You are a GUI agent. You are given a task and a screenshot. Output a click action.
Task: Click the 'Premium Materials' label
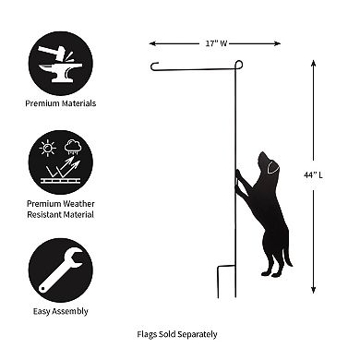click(61, 104)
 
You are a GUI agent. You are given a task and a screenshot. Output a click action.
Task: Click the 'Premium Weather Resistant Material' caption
click(61, 209)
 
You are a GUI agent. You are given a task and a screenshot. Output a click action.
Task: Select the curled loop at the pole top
click(238, 65)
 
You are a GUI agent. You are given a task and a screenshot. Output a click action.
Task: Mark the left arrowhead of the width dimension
click(153, 42)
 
